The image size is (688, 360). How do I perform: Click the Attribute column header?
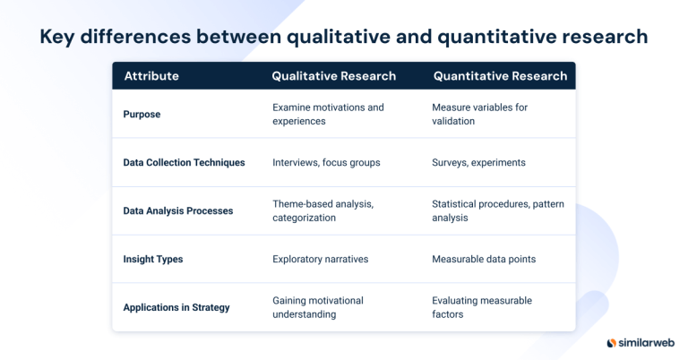(150, 76)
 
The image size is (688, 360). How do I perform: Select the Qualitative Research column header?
(333, 76)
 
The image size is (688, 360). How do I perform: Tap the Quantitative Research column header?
(500, 76)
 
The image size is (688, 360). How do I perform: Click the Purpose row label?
(142, 115)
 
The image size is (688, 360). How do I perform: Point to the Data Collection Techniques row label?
(184, 163)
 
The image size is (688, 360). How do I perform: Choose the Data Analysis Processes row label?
(177, 211)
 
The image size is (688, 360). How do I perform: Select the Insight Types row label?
(152, 260)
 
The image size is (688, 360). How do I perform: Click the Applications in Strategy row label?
(176, 308)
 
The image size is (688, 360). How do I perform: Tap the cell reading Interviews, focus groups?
(326, 163)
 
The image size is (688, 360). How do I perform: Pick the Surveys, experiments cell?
(478, 163)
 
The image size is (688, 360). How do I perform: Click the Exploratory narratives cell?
(320, 260)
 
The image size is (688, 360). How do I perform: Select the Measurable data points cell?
(484, 260)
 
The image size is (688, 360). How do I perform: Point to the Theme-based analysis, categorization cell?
(322, 210)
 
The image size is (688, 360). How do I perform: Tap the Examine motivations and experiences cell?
(328, 114)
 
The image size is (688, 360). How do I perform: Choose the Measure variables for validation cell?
(479, 114)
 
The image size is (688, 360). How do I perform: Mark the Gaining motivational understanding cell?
(318, 307)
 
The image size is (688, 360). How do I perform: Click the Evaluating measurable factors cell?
(481, 307)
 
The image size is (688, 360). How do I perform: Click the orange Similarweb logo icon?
(612, 343)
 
